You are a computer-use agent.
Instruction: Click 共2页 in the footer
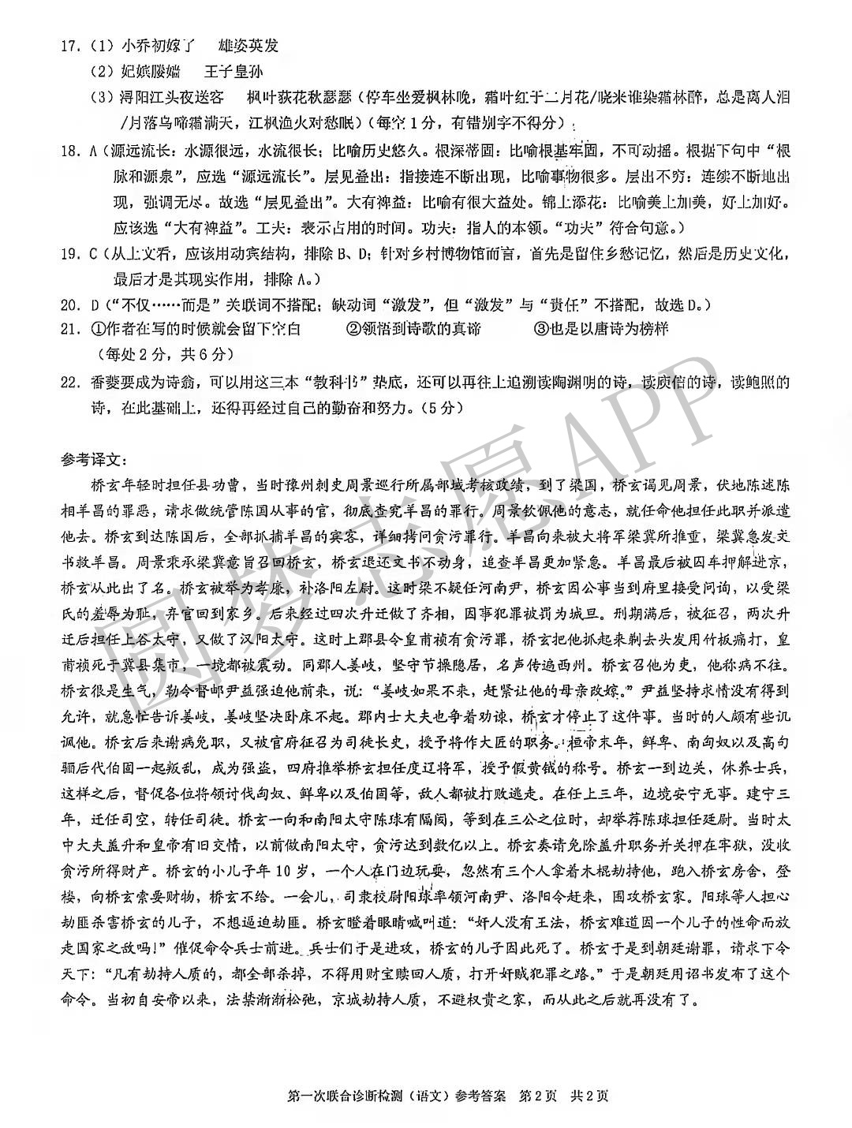pyautogui.click(x=590, y=1096)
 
